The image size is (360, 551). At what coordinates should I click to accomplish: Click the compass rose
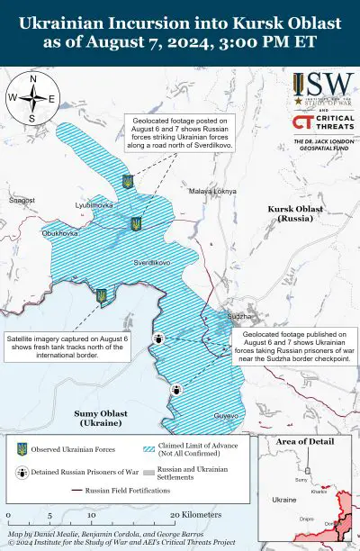tap(32, 98)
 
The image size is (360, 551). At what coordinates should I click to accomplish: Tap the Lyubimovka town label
tap(94, 206)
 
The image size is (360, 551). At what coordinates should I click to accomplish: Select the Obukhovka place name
tap(60, 233)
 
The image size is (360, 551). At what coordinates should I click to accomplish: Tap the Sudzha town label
tap(240, 317)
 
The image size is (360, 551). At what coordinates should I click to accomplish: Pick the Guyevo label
tap(226, 416)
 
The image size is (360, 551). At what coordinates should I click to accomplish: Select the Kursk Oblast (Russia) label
tap(295, 213)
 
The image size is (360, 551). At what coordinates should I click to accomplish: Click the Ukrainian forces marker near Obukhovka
tap(102, 294)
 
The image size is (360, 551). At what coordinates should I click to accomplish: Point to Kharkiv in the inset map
tap(319, 492)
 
